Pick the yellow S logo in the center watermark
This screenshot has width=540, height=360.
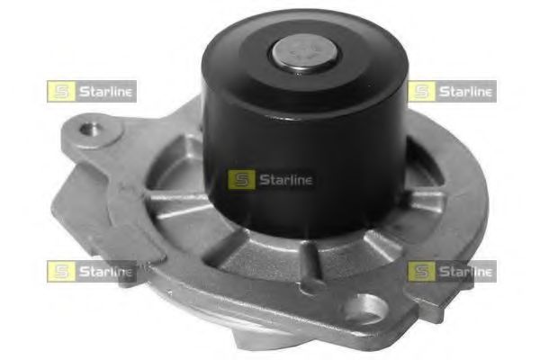[x=239, y=179]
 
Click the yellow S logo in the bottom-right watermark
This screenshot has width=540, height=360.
[x=419, y=271]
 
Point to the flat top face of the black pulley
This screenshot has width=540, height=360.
[x=261, y=40]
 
